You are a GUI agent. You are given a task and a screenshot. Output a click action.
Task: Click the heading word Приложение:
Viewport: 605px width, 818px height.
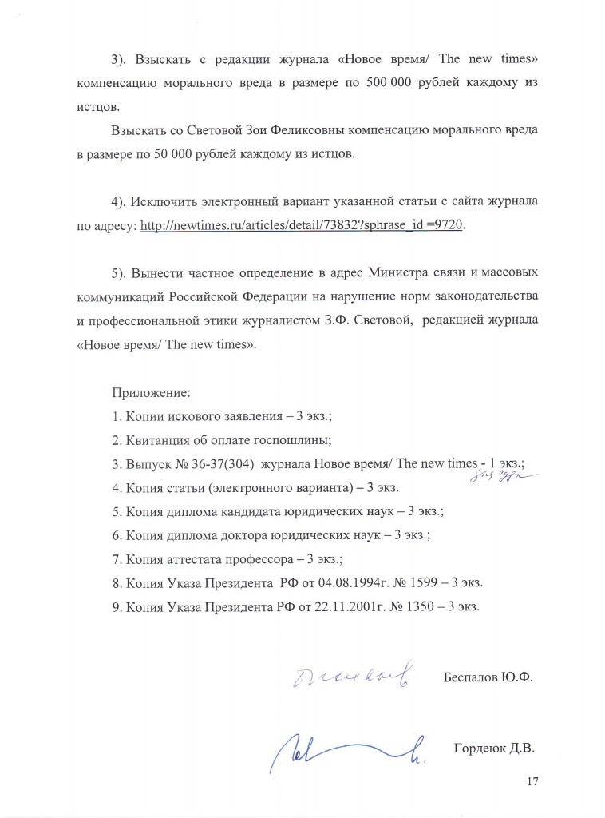pos(151,393)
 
